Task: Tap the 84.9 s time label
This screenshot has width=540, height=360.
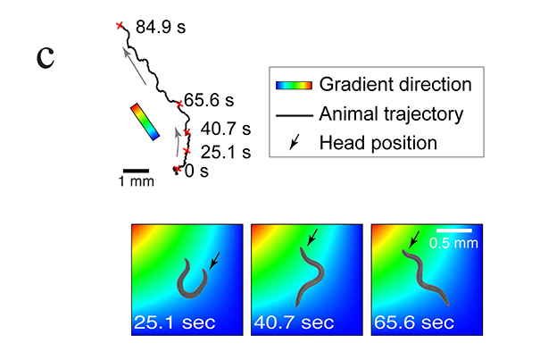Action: [162, 28]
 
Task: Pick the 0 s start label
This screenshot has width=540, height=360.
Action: [196, 170]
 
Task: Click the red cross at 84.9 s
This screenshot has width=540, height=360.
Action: [120, 26]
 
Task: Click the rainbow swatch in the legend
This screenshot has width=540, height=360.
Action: [293, 85]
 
